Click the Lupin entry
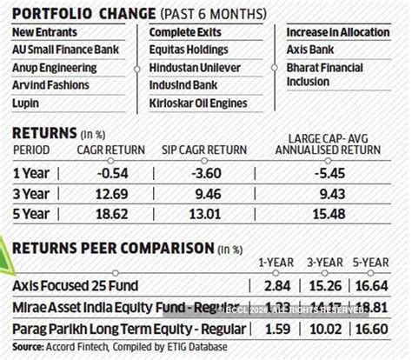(26, 103)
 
